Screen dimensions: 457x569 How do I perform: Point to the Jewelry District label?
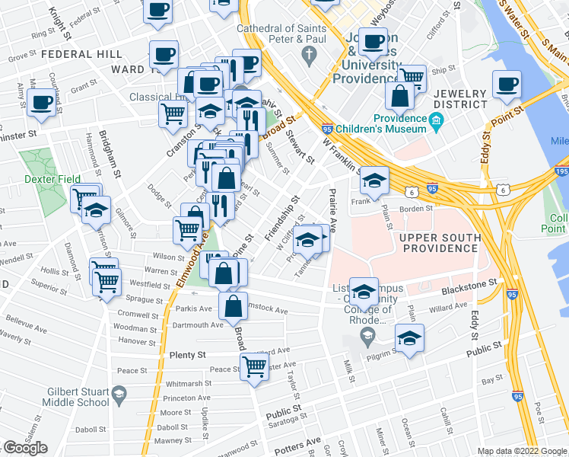459,99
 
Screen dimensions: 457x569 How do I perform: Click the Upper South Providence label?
440,243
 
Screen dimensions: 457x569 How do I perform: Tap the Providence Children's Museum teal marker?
436,119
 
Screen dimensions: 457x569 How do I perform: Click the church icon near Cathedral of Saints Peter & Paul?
308,55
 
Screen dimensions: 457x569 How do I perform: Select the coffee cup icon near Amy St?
42,103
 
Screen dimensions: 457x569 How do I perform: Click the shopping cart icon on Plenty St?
254,366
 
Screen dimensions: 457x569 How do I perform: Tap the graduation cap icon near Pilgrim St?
410,339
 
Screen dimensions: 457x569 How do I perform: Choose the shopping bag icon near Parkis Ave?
234,305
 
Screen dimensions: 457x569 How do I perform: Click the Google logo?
25,449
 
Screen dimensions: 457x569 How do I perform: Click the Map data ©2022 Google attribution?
521,451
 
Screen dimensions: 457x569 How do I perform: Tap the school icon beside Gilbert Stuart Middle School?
119,394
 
